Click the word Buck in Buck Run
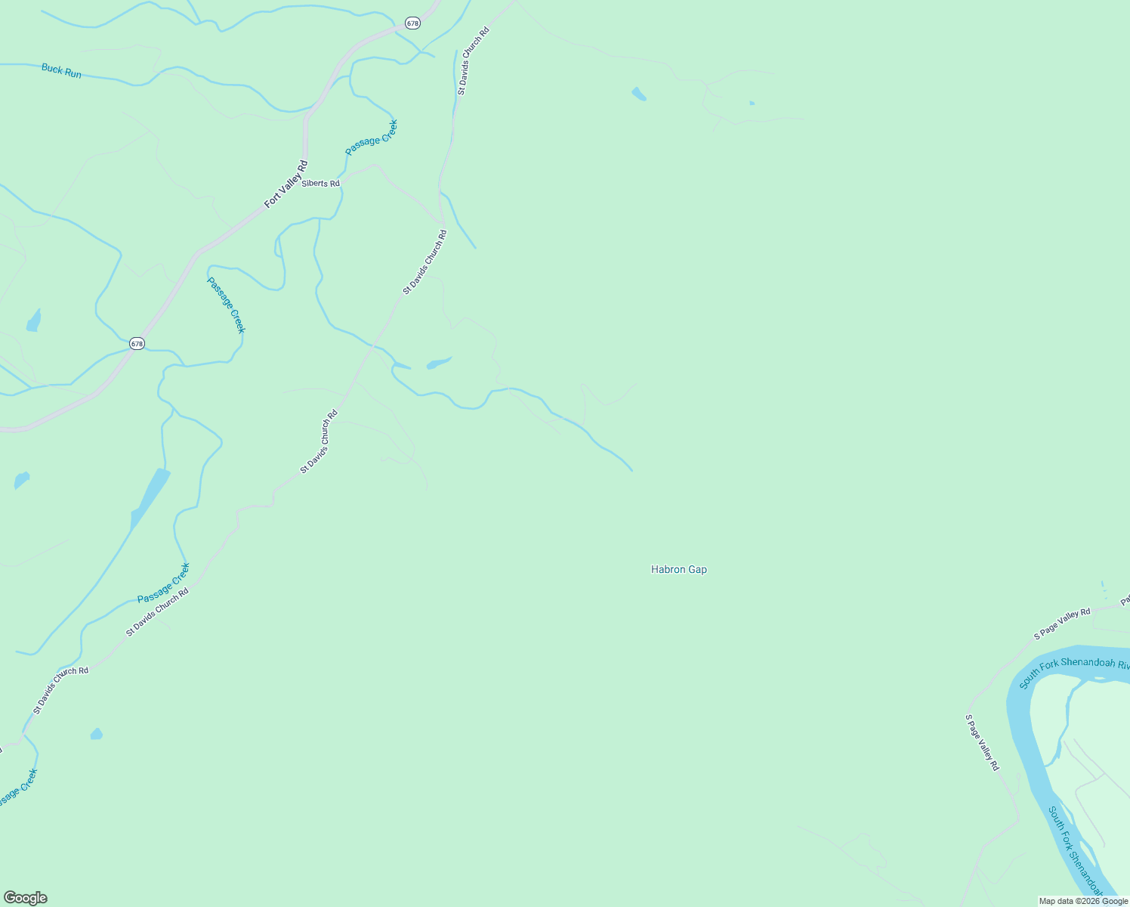click(x=51, y=69)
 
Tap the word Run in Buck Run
click(x=73, y=74)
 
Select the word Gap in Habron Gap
click(x=698, y=570)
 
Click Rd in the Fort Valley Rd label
click(x=303, y=166)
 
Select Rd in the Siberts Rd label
click(x=334, y=184)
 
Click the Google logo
click(x=26, y=898)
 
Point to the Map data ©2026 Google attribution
click(x=1083, y=901)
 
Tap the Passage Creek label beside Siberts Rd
click(x=371, y=138)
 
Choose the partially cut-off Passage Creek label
click(x=17, y=788)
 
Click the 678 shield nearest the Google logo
click(x=136, y=343)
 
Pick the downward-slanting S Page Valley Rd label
click(x=983, y=743)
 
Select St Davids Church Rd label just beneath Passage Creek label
click(x=157, y=612)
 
